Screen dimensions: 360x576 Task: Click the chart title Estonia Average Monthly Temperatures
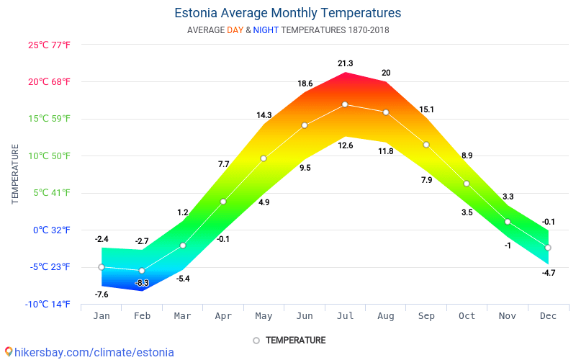288,13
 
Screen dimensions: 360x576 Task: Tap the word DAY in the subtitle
235,30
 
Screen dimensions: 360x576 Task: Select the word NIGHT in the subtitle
266,30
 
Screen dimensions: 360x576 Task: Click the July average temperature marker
345,104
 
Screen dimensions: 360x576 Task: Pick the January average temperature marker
102,267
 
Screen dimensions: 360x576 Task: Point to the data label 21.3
345,63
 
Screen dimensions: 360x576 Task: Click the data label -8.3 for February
142,283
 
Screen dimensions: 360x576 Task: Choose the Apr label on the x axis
223,316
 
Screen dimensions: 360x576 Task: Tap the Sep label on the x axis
426,316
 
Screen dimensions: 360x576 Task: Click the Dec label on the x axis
548,316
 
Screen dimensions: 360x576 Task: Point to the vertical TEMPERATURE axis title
15,174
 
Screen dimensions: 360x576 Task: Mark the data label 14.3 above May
264,115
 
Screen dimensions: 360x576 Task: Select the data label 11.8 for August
386,151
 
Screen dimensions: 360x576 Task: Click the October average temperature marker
467,184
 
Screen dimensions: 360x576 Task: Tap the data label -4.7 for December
548,273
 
